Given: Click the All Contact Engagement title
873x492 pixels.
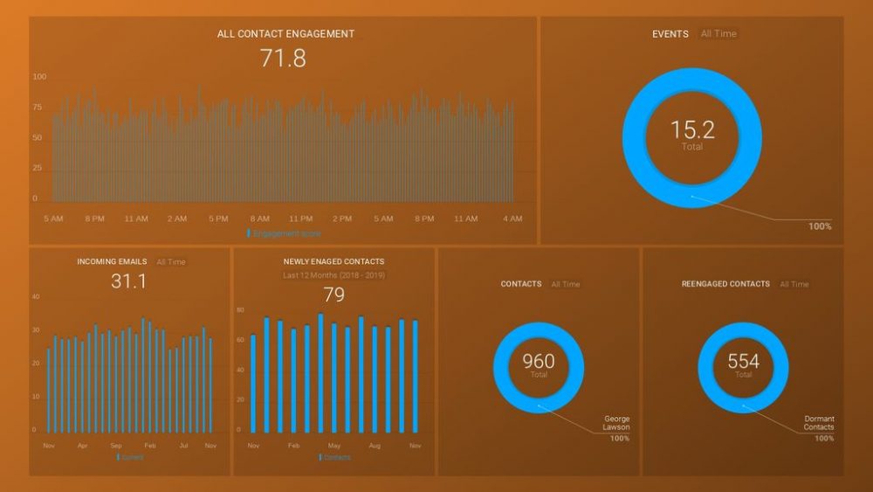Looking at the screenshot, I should (285, 34).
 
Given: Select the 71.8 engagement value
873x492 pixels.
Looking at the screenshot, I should (283, 59).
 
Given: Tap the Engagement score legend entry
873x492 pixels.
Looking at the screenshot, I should (285, 233).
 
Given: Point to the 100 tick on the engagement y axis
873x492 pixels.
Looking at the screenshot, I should (40, 77).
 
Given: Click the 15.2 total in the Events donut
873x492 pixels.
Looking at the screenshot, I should (692, 130).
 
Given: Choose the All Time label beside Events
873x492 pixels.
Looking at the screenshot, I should (718, 34).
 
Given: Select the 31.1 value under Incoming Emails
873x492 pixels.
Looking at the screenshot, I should (129, 281).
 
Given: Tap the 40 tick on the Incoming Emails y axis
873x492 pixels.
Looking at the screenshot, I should (36, 297).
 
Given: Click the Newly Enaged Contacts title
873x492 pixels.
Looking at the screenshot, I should (333, 261).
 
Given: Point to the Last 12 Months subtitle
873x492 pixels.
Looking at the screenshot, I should (333, 275).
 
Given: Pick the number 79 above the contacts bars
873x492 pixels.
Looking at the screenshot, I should (333, 295).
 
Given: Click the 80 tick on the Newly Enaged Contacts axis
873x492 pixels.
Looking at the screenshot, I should (240, 310).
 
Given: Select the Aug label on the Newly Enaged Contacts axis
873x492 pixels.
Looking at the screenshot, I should (375, 446).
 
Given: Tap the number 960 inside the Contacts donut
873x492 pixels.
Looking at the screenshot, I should (539, 361).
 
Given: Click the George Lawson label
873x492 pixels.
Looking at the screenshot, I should (616, 423).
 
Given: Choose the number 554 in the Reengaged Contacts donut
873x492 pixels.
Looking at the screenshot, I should (743, 361).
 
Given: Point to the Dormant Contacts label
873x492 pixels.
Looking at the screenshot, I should (819, 423).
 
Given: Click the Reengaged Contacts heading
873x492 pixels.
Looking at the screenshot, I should (725, 284).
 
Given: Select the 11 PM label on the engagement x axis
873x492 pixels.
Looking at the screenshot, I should (300, 218).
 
